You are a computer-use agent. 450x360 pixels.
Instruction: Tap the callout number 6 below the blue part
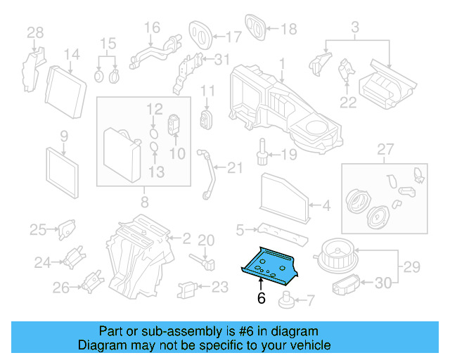point(260,298)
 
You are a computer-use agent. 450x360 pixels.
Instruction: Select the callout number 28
point(34,32)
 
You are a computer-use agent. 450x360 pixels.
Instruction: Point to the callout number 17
point(233,34)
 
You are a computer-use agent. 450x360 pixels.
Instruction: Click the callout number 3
point(355,28)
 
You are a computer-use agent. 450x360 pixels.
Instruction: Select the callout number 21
point(233,167)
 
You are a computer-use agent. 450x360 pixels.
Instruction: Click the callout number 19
point(290,154)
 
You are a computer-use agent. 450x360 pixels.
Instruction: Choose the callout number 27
point(384,148)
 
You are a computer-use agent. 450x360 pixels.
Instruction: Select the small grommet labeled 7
point(286,302)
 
